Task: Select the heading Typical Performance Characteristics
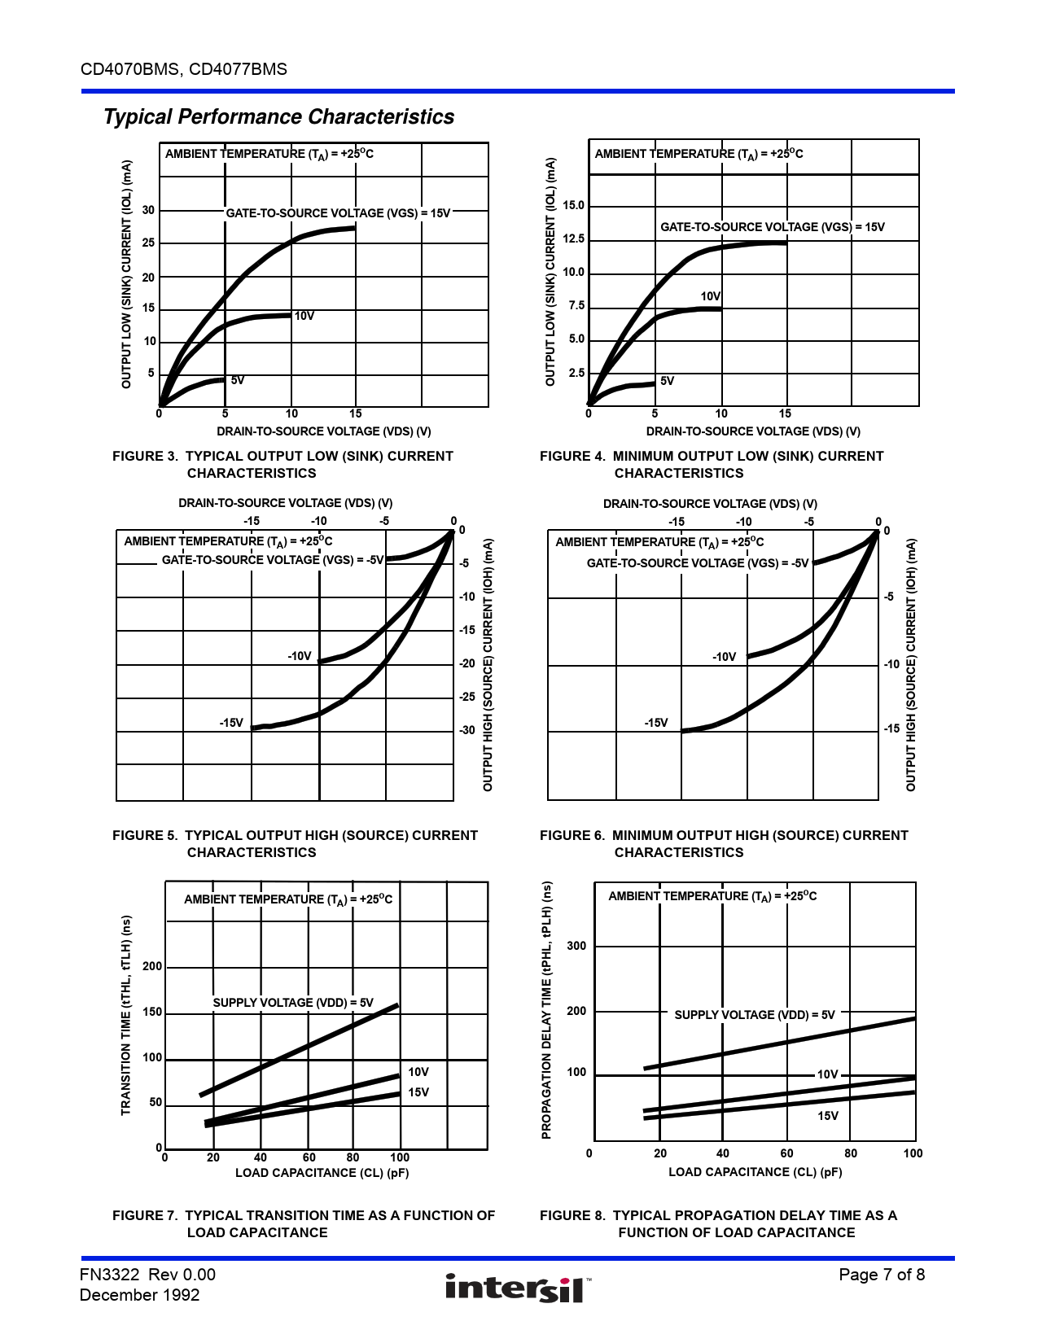click(x=278, y=117)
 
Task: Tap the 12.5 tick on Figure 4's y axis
click(x=574, y=239)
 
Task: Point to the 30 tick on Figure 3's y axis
click(x=148, y=210)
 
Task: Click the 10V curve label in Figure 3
click(x=304, y=316)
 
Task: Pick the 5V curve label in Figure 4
click(x=667, y=381)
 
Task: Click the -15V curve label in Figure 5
click(x=231, y=723)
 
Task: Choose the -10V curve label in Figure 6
click(x=724, y=657)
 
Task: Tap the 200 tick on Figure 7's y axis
click(x=152, y=966)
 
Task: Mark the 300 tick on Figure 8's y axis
click(x=576, y=946)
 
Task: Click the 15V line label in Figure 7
click(x=418, y=1092)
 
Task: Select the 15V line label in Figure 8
click(x=828, y=1116)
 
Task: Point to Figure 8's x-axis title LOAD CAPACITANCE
click(x=755, y=1172)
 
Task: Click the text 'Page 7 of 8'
click(x=882, y=1275)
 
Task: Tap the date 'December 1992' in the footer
click(x=139, y=1295)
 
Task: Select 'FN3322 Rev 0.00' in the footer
click(x=147, y=1275)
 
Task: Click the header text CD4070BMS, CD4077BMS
click(x=184, y=69)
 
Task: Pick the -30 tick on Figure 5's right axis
click(x=466, y=730)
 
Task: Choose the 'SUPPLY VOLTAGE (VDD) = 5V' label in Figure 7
click(x=293, y=1003)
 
